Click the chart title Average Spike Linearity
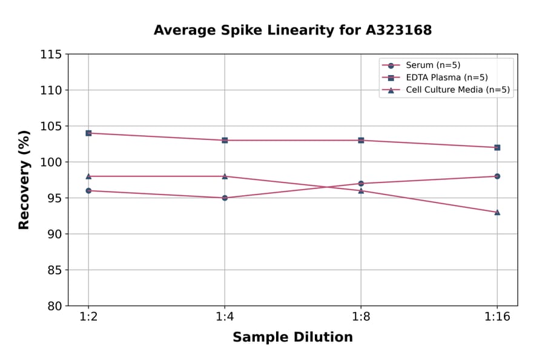pyautogui.click(x=292, y=30)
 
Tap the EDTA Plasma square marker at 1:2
pyautogui.click(x=88, y=133)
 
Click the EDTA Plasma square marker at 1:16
pyautogui.click(x=497, y=147)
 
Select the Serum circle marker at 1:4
pyautogui.click(x=225, y=198)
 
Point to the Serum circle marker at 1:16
pyautogui.click(x=497, y=176)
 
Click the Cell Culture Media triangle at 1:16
pyautogui.click(x=497, y=212)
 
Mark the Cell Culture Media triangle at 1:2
pyautogui.click(x=88, y=176)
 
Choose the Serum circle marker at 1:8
pyautogui.click(x=361, y=184)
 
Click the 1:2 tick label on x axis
pyautogui.click(x=88, y=317)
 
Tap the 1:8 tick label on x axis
pyautogui.click(x=361, y=317)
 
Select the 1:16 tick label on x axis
pyautogui.click(x=497, y=317)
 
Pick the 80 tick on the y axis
pyautogui.click(x=54, y=306)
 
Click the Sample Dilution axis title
pyautogui.click(x=292, y=338)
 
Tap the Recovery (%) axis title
pyautogui.click(x=24, y=180)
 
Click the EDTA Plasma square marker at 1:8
pyautogui.click(x=361, y=140)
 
